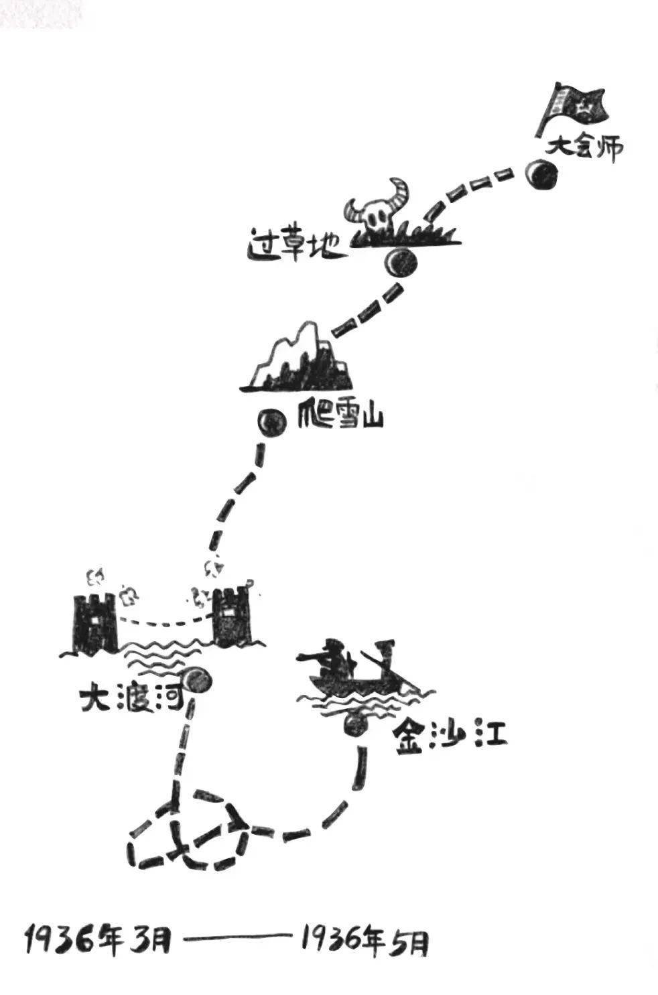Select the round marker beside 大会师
click(541, 175)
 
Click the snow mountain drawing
click(299, 359)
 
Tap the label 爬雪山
click(340, 419)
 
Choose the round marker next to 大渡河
click(198, 681)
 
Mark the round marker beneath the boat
click(355, 724)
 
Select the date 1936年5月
click(365, 939)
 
